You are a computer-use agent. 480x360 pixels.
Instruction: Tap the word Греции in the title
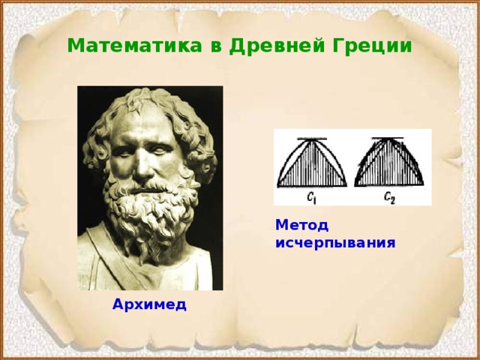[x=374, y=46]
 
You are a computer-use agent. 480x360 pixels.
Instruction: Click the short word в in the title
[x=214, y=46]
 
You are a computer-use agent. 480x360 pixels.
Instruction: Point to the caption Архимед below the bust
[x=149, y=304]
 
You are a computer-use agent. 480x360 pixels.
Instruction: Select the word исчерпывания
[x=335, y=243]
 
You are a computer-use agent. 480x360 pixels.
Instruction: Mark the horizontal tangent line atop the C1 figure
[x=312, y=139]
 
